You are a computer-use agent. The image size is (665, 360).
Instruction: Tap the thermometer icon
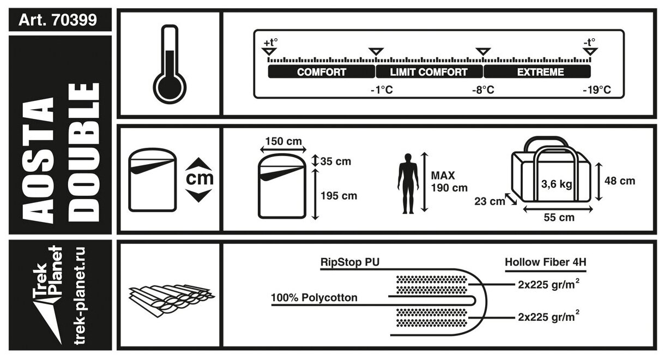(170, 63)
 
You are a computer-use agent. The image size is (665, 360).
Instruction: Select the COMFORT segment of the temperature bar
(322, 72)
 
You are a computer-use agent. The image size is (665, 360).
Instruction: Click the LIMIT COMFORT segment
(429, 72)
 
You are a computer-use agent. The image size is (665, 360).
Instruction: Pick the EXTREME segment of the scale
(536, 72)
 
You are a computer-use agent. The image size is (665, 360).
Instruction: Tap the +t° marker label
(270, 42)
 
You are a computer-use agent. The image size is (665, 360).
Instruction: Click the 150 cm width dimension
(283, 142)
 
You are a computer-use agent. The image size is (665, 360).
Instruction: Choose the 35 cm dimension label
(335, 161)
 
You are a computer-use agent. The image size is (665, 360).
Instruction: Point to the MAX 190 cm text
(449, 182)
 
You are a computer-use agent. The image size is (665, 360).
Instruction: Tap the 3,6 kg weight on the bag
(556, 184)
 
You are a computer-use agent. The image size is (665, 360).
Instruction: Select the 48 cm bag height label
(619, 181)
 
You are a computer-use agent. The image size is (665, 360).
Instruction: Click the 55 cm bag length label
(559, 218)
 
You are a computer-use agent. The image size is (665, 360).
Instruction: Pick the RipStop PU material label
(349, 262)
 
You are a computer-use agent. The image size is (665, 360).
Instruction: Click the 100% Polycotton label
(315, 298)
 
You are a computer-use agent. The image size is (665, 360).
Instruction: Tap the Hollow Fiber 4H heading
(545, 262)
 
